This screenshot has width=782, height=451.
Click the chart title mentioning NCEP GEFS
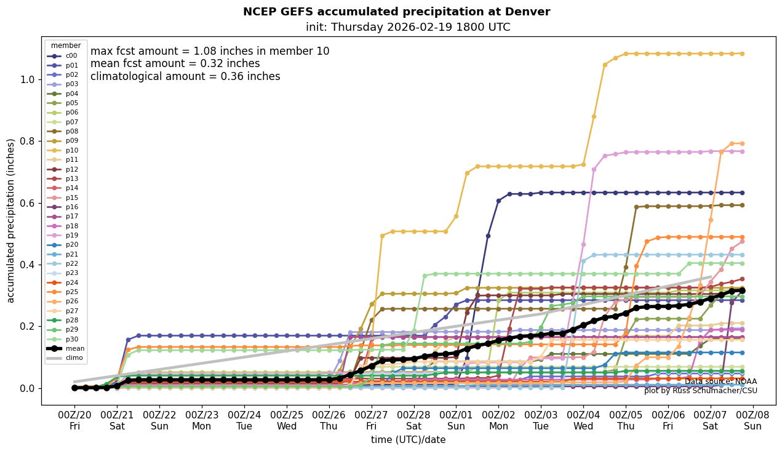[x=396, y=12]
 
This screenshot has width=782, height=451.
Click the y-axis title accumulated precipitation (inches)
[x=10, y=220]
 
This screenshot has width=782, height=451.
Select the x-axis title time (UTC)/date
[x=408, y=440]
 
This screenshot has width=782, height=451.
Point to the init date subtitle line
[x=408, y=28]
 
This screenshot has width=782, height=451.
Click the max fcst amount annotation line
[x=210, y=52]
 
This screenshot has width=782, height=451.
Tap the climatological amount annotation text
[x=185, y=77]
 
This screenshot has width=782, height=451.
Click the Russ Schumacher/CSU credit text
[x=701, y=391]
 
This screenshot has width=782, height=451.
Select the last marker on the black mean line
[x=742, y=290]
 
